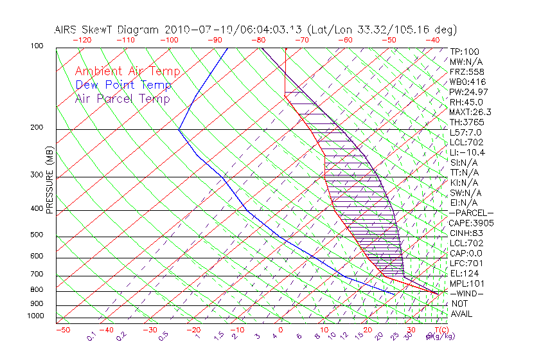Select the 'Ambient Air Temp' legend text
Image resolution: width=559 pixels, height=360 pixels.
coord(128,71)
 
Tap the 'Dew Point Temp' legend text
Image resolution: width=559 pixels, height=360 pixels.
coord(123,85)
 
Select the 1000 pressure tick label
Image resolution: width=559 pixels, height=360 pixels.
coord(36,316)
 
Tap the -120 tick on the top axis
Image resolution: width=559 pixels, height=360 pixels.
coord(82,40)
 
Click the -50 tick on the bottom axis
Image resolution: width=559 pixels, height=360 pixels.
coord(62,329)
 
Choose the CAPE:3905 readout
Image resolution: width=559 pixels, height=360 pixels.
coord(470,223)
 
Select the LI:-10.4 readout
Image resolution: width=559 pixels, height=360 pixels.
coord(467,152)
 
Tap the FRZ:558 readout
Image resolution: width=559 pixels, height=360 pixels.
coord(465,72)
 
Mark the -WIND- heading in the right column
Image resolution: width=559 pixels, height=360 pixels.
coord(467,294)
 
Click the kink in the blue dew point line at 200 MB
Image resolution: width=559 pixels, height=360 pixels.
coord(179,129)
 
